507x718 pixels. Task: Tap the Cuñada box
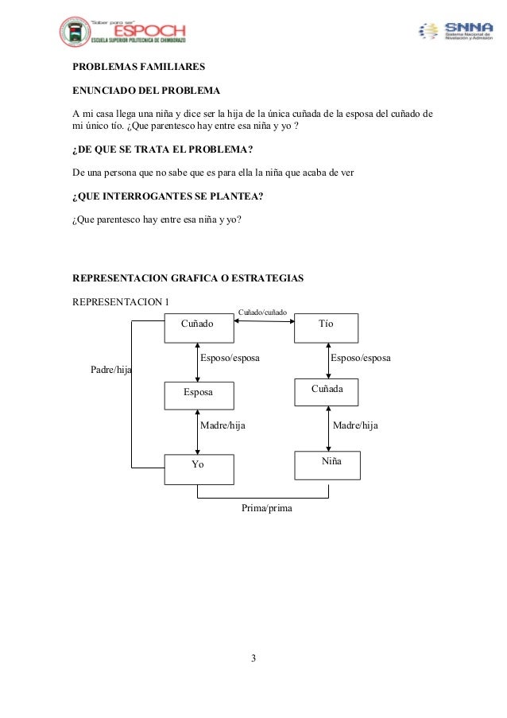[327, 391]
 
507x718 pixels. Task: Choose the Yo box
[199, 468]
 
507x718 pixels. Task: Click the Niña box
[327, 464]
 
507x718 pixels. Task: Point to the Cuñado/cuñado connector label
[263, 313]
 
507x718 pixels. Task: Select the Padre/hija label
[111, 370]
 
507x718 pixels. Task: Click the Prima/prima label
[266, 506]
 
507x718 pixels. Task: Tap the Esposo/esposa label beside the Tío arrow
[360, 359]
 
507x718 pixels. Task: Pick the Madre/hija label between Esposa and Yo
[223, 425]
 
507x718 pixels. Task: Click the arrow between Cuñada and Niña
[328, 428]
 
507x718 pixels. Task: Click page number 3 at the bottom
[253, 658]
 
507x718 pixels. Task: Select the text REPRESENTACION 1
[121, 301]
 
